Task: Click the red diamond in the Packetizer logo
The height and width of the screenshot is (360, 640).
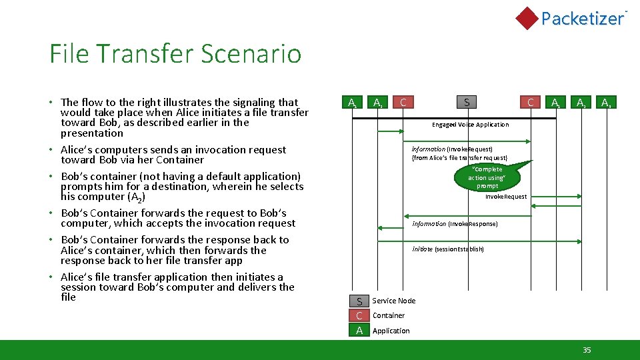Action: (527, 18)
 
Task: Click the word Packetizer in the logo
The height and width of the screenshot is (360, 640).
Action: (582, 19)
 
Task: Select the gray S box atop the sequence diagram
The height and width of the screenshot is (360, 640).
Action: (467, 102)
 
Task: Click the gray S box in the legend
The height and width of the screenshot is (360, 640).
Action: (359, 301)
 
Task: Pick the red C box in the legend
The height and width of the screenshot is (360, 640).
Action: (359, 315)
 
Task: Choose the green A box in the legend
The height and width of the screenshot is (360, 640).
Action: (359, 330)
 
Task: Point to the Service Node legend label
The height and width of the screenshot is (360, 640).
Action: (393, 301)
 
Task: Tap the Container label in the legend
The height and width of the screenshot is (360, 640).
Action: (388, 315)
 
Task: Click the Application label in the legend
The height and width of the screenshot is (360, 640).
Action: (391, 331)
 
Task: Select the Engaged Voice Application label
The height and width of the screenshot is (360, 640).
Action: (470, 125)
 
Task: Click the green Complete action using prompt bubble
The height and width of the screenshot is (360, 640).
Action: (487, 177)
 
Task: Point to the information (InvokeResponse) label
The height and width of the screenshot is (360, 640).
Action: (455, 224)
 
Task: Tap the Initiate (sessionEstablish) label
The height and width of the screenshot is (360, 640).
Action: (447, 249)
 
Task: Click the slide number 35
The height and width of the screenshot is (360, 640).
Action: (587, 350)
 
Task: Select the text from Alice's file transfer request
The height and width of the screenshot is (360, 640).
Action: (459, 157)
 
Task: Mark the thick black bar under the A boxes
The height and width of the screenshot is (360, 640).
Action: (454, 118)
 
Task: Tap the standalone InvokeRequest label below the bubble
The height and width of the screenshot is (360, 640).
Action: (505, 197)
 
